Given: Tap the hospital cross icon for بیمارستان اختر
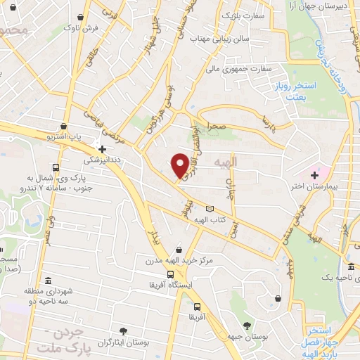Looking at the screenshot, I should (314, 174).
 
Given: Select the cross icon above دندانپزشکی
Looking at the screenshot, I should (103, 148).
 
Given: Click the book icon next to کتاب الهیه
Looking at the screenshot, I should (209, 208).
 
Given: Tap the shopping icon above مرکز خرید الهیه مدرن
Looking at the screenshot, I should (180, 249).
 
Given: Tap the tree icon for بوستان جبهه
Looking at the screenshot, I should (246, 325).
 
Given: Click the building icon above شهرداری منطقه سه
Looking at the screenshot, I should (47, 281).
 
